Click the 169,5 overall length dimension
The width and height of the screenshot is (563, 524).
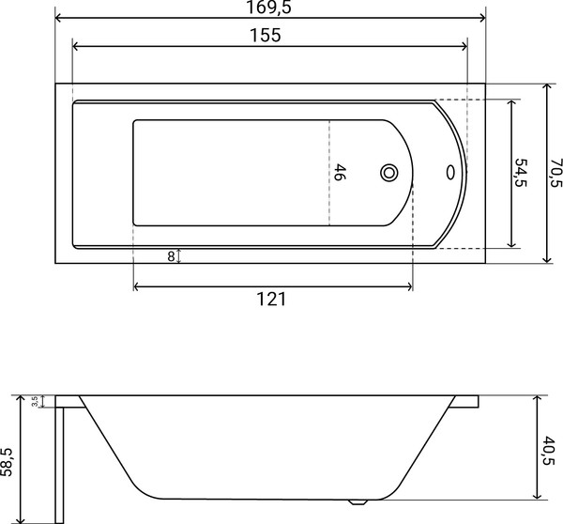click(x=270, y=8)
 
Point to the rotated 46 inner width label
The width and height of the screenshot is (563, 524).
click(x=341, y=173)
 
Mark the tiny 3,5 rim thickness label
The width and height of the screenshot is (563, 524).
click(x=35, y=401)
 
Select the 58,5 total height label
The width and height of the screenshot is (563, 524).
click(x=8, y=459)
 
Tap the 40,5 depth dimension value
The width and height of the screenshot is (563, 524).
click(x=549, y=450)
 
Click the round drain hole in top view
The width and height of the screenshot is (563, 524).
click(x=389, y=173)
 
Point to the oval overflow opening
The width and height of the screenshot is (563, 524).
click(x=451, y=173)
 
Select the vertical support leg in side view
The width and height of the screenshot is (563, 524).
click(x=58, y=460)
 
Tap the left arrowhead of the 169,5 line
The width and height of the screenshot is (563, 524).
click(x=58, y=17)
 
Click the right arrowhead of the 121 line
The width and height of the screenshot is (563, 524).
click(x=409, y=285)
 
